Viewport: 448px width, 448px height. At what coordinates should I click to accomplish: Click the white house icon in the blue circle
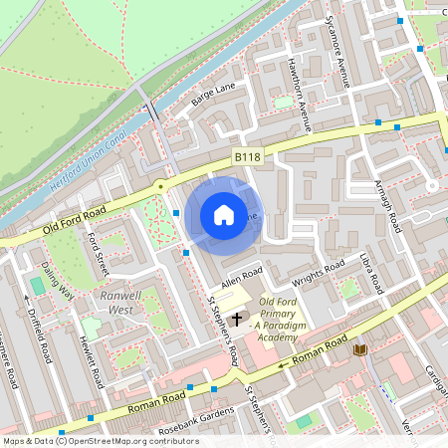[224, 214]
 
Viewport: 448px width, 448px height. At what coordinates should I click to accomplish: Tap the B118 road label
[248, 157]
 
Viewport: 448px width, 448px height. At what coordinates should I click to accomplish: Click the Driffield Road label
[41, 337]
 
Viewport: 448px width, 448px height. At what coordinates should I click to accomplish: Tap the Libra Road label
[370, 274]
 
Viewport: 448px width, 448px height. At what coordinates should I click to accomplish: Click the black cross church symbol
[237, 319]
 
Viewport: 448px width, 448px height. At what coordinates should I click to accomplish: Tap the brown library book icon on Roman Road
[359, 348]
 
